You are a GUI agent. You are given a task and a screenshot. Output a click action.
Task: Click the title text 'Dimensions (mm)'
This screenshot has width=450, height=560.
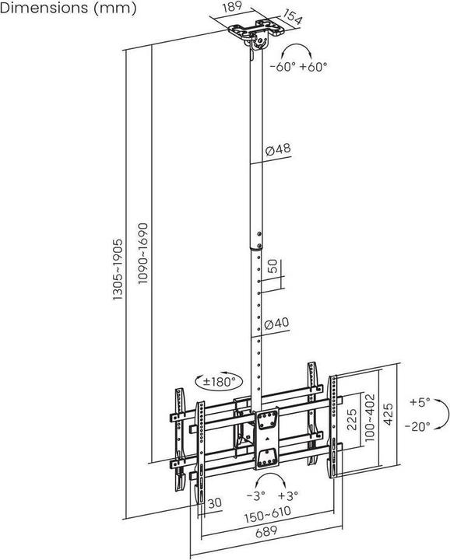coord(69,9)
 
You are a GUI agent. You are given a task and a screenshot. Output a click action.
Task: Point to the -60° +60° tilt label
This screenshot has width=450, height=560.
coord(298,67)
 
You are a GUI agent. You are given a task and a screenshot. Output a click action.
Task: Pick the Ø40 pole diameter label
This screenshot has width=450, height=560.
coord(277,324)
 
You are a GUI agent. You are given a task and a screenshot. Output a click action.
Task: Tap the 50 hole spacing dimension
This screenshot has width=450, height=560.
coord(272,267)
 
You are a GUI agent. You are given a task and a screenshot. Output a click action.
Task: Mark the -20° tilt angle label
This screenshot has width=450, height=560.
coord(421,426)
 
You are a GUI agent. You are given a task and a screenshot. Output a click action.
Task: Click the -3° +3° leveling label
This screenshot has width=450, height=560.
coord(272,496)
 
